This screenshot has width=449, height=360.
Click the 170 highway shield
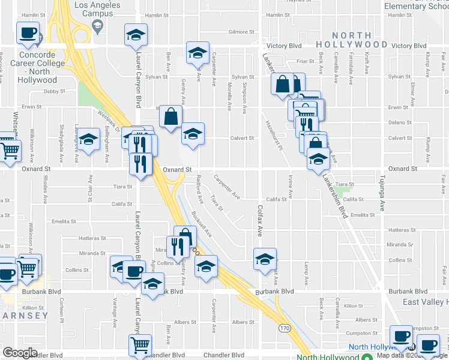tap(285, 328)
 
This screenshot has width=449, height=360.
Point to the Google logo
tap(20, 352)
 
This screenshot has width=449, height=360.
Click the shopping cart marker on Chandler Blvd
tap(140, 345)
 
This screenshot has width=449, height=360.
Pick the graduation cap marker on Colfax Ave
tap(265, 259)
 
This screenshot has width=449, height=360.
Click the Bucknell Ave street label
tap(202, 223)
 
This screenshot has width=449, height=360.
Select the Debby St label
tap(53, 91)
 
